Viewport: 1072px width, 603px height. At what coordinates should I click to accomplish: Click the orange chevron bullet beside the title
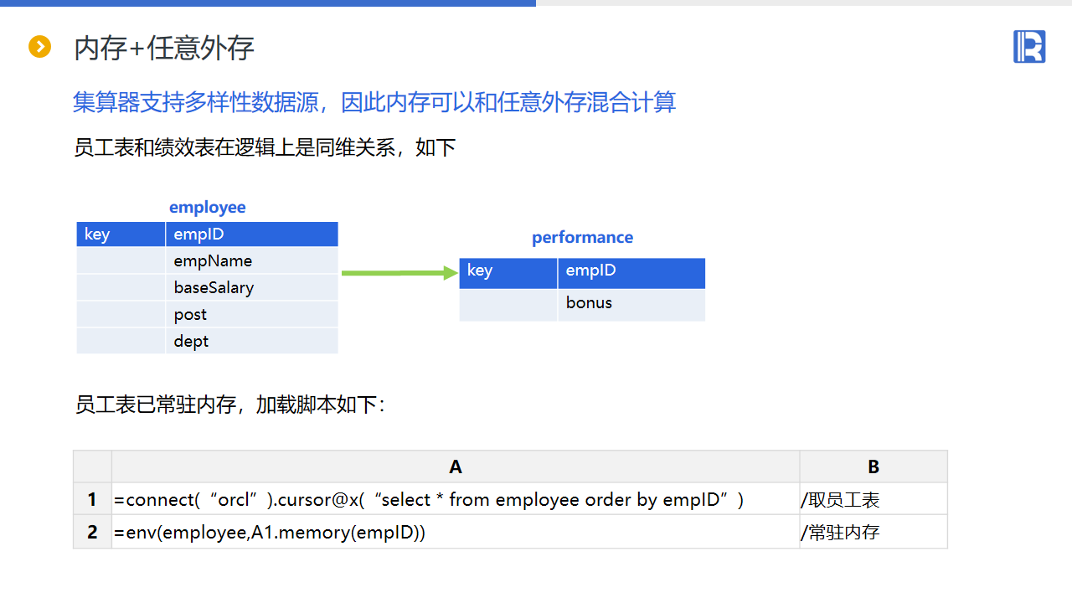coord(40,47)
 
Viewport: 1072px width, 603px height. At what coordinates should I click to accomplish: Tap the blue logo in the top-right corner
coord(1029,46)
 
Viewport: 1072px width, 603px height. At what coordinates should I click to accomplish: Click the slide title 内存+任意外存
coord(164,49)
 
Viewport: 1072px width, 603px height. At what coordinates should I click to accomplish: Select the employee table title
coord(208,208)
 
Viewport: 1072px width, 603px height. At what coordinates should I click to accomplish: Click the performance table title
coord(582,238)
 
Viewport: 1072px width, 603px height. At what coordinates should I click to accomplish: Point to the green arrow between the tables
coord(399,273)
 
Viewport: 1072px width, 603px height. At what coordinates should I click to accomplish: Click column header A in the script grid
coord(456,466)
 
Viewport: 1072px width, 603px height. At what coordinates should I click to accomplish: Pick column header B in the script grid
coord(874,466)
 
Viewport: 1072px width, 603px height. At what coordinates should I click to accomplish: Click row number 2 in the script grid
coord(92,532)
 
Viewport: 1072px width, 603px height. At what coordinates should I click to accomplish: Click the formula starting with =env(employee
coord(270,532)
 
